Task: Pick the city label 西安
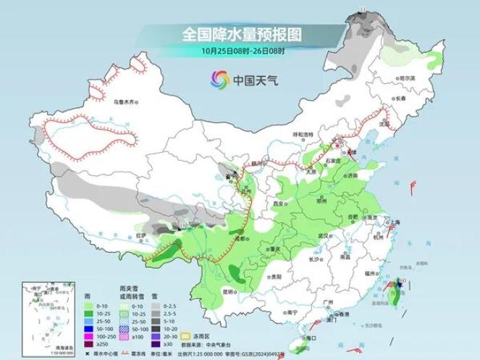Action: (277, 205)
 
